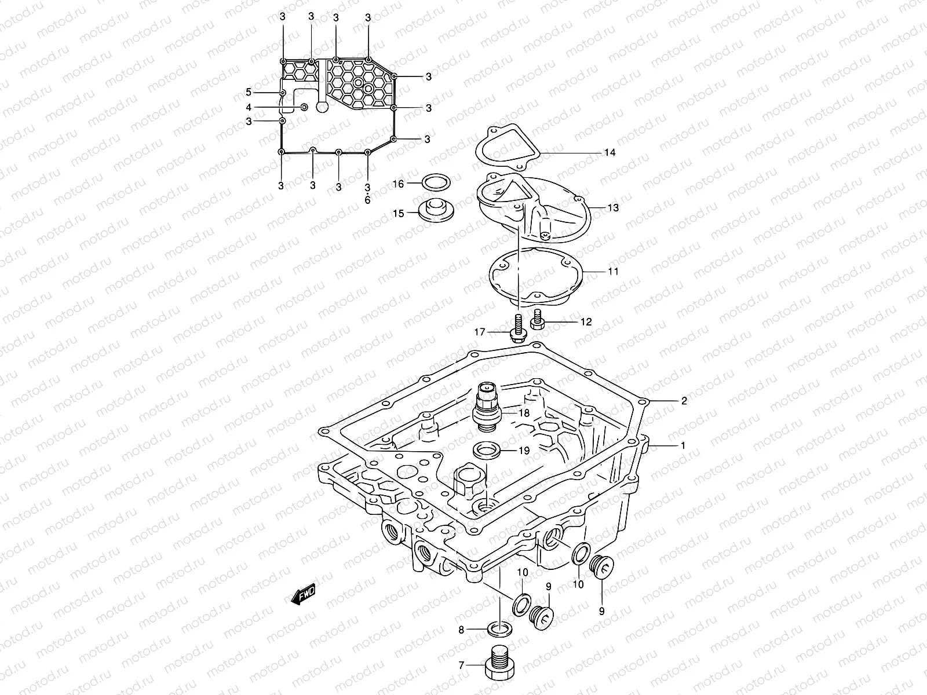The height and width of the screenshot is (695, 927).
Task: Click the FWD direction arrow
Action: pos(303,593)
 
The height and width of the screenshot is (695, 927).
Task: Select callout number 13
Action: pos(613,207)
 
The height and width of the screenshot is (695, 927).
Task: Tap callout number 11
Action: pos(613,271)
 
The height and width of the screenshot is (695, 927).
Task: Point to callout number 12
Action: pos(586,322)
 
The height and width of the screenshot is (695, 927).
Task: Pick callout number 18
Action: pos(524,414)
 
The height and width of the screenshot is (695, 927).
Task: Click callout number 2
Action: pos(684,401)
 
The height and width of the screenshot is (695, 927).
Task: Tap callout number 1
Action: pos(683,446)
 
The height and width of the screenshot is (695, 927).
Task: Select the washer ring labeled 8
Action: pos(499,628)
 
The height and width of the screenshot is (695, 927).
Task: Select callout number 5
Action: pos(249,92)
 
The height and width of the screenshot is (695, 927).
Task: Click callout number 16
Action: pos(398,184)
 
